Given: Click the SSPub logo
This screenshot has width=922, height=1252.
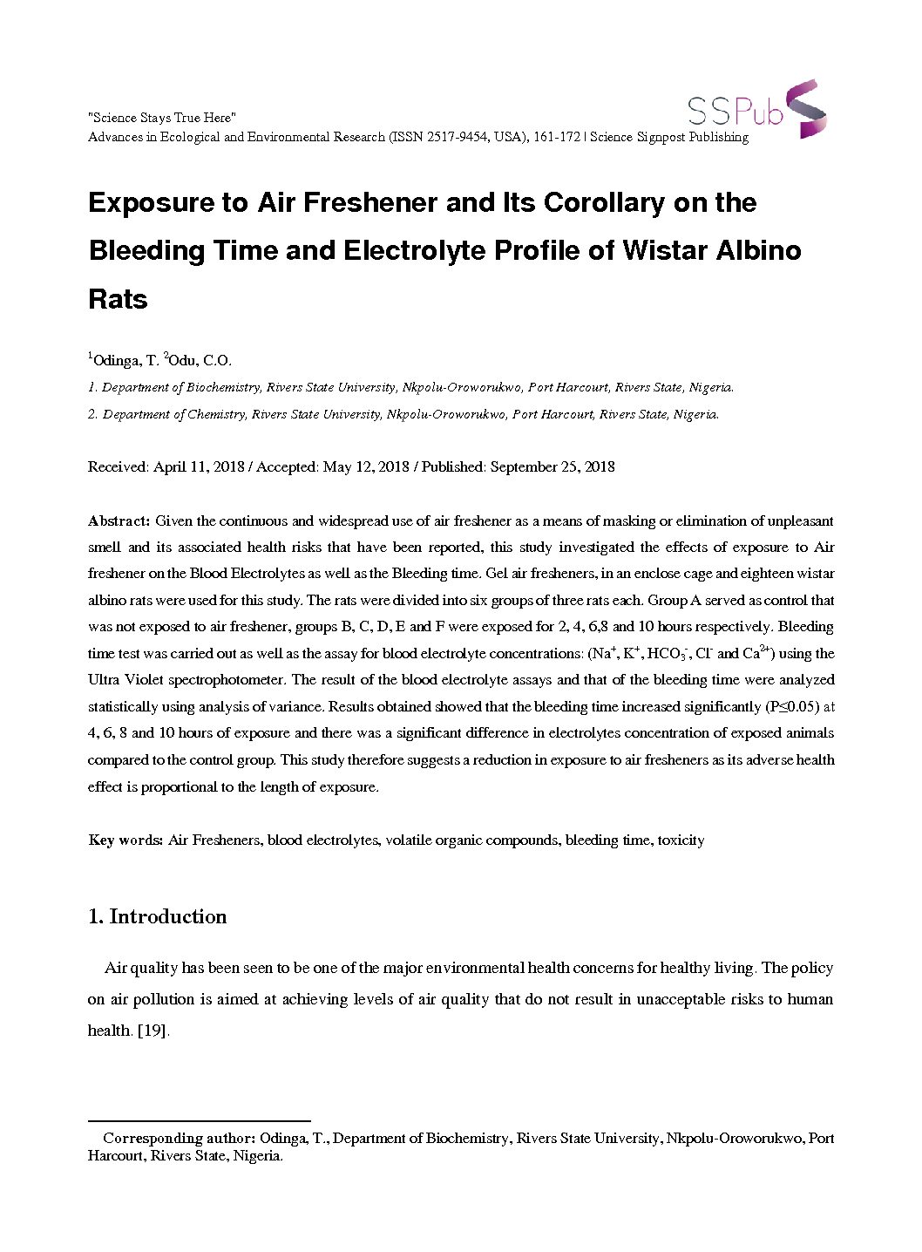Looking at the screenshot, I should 756,109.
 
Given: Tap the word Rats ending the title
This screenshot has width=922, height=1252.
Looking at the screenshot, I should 119,299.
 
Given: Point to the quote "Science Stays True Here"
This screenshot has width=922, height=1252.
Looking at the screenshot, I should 162,118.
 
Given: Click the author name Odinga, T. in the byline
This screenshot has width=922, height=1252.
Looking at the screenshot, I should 125,360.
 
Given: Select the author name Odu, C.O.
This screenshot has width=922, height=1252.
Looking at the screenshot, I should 200,360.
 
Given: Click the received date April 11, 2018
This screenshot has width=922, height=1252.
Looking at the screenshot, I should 199,466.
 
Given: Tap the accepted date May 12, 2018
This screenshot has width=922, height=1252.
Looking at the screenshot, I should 365,466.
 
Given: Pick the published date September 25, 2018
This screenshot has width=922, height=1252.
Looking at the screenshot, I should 553,466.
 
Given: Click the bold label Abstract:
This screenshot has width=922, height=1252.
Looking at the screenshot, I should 119,521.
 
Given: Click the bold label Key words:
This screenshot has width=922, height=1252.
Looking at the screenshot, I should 125,840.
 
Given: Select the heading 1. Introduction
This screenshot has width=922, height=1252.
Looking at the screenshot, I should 158,916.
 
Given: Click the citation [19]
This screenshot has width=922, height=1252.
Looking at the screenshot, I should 152,1030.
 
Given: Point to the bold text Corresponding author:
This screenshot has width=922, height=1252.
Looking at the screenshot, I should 179,1138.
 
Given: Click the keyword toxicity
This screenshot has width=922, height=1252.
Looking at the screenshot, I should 681,840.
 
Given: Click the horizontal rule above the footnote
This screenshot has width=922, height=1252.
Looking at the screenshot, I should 200,1120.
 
